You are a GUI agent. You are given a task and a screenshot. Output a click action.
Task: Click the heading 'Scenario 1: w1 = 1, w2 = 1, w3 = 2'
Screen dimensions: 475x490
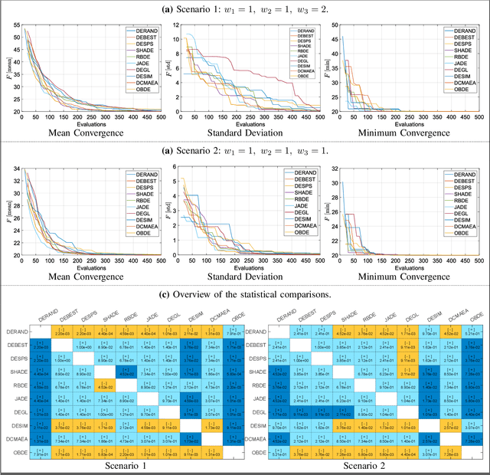pos(245,8)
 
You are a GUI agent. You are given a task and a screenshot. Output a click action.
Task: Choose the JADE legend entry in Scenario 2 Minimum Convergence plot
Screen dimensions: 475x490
pos(458,207)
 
